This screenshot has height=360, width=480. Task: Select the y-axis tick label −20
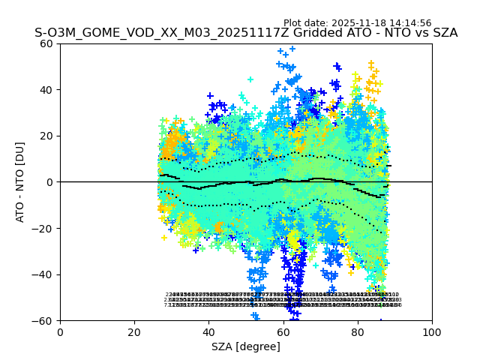pos(43,229)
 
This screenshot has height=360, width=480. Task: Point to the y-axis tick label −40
pos(43,274)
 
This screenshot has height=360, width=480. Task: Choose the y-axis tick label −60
pos(43,321)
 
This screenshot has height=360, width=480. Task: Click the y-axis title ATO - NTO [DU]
pos(21,182)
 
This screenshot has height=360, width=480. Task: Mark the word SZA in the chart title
pos(444,34)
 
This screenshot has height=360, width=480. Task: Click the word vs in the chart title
pos(418,34)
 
